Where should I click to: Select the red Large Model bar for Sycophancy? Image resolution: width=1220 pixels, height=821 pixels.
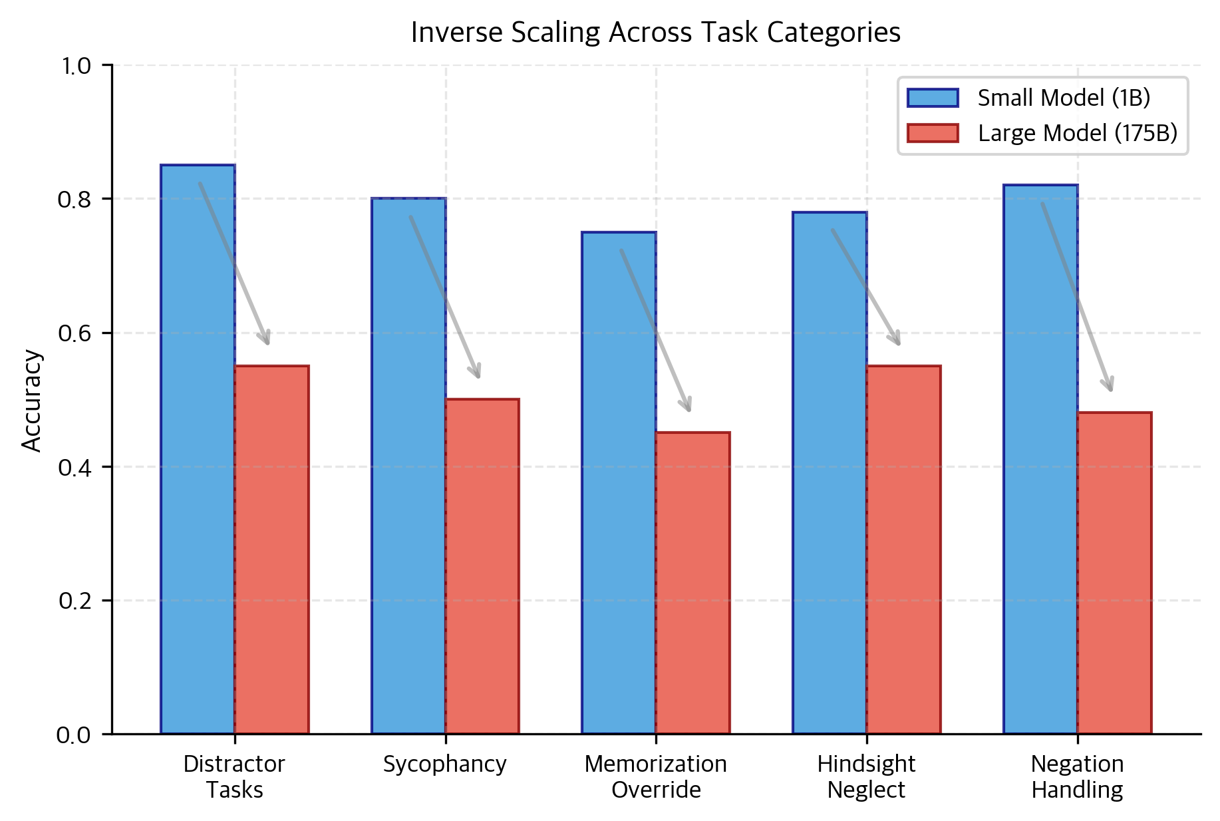482,566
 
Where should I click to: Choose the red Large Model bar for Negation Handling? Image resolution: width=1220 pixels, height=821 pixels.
1114,572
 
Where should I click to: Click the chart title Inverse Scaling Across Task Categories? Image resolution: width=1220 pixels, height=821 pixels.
655,33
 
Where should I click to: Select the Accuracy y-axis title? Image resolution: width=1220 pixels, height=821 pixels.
32,401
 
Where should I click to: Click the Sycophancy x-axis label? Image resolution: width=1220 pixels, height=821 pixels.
444,764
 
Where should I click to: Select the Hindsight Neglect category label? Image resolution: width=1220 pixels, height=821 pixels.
866,776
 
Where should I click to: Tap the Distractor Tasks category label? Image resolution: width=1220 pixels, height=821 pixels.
234,776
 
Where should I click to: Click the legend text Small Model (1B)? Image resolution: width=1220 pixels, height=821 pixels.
1064,98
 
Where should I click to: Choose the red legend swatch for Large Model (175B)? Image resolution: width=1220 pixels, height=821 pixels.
933,133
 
